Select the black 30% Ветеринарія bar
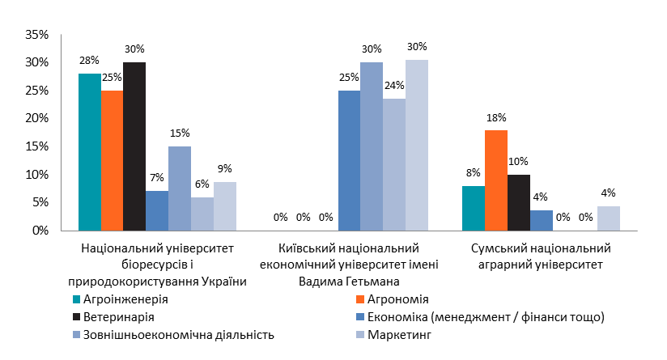pos(134,146)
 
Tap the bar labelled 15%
pos(180,188)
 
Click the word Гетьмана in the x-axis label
pos(376,281)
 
